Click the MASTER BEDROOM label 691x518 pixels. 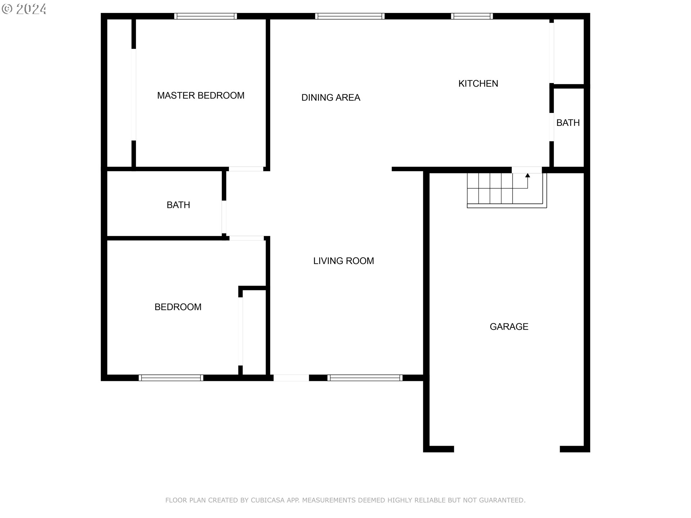pos(200,95)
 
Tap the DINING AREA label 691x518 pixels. pos(330,97)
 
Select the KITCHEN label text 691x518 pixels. pos(478,83)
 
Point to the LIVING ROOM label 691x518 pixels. pos(343,261)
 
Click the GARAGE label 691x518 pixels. pos(509,327)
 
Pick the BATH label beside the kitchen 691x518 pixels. pos(568,123)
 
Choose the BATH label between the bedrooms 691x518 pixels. pos(178,205)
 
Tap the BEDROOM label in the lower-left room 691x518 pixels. pos(178,307)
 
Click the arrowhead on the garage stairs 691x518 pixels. pos(528,176)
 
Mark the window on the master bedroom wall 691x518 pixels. pos(206,16)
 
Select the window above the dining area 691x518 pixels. pos(350,16)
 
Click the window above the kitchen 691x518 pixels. pos(472,16)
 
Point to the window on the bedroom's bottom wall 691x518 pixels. pos(171,378)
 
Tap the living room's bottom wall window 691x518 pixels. pos(365,378)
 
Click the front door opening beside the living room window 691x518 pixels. pos(291,378)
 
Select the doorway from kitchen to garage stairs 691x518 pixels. pos(527,170)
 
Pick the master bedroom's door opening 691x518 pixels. pos(246,169)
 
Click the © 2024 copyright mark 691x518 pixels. pos(24,9)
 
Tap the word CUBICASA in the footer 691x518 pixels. pos(267,500)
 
